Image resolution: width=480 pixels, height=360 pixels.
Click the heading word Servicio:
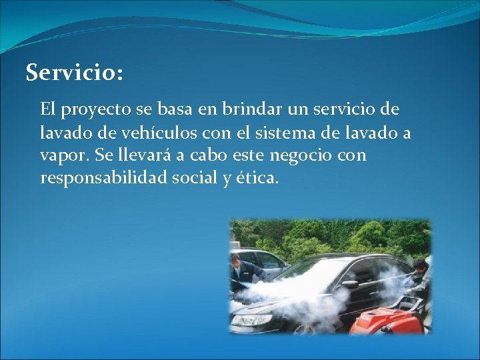(x=74, y=73)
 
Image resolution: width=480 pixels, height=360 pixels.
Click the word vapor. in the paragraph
(x=65, y=155)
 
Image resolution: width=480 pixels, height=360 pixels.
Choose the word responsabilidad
(x=107, y=179)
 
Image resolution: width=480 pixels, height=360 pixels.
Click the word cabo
(x=210, y=155)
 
